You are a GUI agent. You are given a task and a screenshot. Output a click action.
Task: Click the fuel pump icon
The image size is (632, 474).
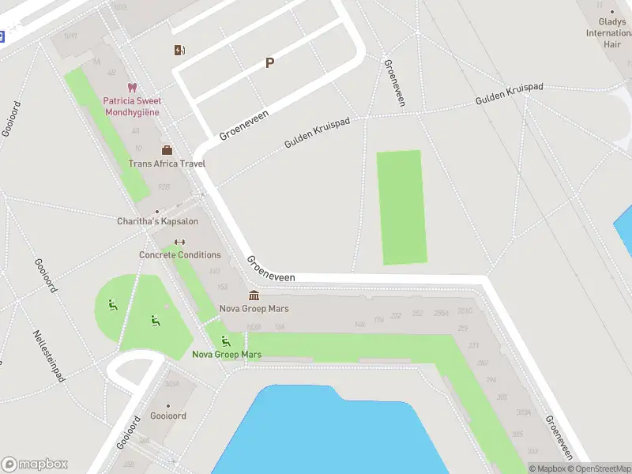pyautogui.click(x=180, y=51)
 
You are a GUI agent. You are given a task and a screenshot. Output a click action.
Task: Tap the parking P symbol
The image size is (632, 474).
pyautogui.click(x=269, y=63)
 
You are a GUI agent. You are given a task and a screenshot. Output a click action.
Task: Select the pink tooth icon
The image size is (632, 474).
pyautogui.click(x=131, y=88)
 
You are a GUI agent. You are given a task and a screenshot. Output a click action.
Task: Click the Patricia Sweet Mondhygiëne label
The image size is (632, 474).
pyautogui.click(x=131, y=107)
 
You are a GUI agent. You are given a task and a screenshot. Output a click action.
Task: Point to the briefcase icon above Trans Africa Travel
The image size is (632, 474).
pyautogui.click(x=167, y=150)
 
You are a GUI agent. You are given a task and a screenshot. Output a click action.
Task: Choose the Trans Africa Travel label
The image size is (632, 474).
pyautogui.click(x=167, y=164)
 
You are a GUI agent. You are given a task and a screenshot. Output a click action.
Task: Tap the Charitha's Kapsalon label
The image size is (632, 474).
pyautogui.click(x=158, y=221)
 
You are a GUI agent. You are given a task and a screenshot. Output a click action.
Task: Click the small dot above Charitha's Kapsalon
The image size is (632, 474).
pyautogui.click(x=157, y=211)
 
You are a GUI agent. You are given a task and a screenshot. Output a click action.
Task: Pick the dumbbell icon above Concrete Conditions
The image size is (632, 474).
pyautogui.click(x=179, y=243)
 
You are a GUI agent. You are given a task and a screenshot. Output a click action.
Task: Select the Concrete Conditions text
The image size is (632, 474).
pyautogui.click(x=180, y=255)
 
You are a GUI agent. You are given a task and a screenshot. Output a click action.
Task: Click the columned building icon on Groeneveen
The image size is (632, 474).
pyautogui.click(x=254, y=295)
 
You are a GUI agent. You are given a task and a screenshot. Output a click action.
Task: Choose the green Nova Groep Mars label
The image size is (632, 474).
pyautogui.click(x=227, y=355)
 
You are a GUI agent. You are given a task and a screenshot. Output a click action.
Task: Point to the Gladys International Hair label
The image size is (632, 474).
pyautogui.click(x=609, y=33)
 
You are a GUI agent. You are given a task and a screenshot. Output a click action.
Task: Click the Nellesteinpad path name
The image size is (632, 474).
pyautogui.click(x=49, y=355)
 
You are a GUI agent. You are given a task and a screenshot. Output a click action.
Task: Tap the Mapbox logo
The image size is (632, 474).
pyautogui.click(x=35, y=465)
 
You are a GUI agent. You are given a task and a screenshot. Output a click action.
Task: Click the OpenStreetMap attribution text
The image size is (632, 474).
pyautogui.click(x=600, y=468)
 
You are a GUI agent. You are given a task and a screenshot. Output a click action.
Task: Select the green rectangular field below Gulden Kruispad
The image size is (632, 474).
pyautogui.click(x=401, y=207)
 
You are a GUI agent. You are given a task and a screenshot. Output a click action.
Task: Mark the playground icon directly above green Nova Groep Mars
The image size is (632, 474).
pyautogui.click(x=226, y=341)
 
